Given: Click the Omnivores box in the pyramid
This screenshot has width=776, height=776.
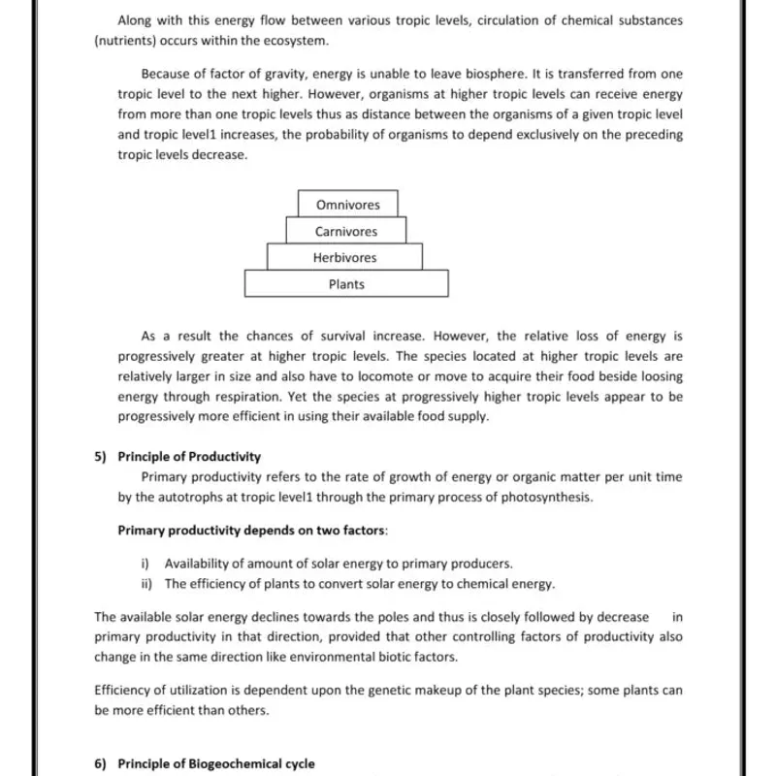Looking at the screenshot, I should click(x=347, y=205).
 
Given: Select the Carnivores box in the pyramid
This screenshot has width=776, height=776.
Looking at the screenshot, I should click(x=345, y=232).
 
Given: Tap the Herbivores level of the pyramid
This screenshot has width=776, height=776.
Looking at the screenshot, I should click(x=344, y=258).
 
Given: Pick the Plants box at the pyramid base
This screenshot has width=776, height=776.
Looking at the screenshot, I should click(x=346, y=284).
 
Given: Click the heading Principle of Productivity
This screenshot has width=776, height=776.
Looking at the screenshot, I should click(x=189, y=457).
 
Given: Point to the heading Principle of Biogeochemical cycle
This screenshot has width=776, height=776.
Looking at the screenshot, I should click(x=216, y=764).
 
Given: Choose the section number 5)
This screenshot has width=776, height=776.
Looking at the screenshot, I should click(x=101, y=457).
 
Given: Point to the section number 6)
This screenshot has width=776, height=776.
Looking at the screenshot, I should click(x=101, y=764).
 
